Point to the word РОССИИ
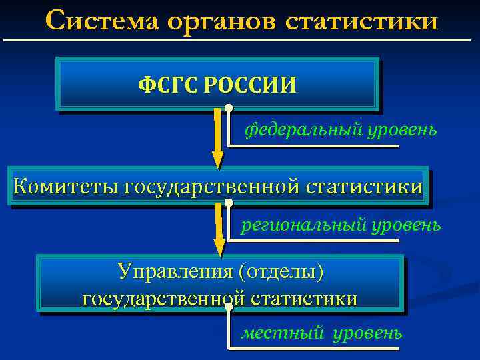tap(251, 85)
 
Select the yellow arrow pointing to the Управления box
tap(219, 231)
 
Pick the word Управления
tap(175, 272)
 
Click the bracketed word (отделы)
tap(285, 272)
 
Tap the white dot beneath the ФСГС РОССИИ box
tap(229, 107)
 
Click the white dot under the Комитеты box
tap(229, 202)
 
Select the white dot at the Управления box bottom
tap(229, 307)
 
